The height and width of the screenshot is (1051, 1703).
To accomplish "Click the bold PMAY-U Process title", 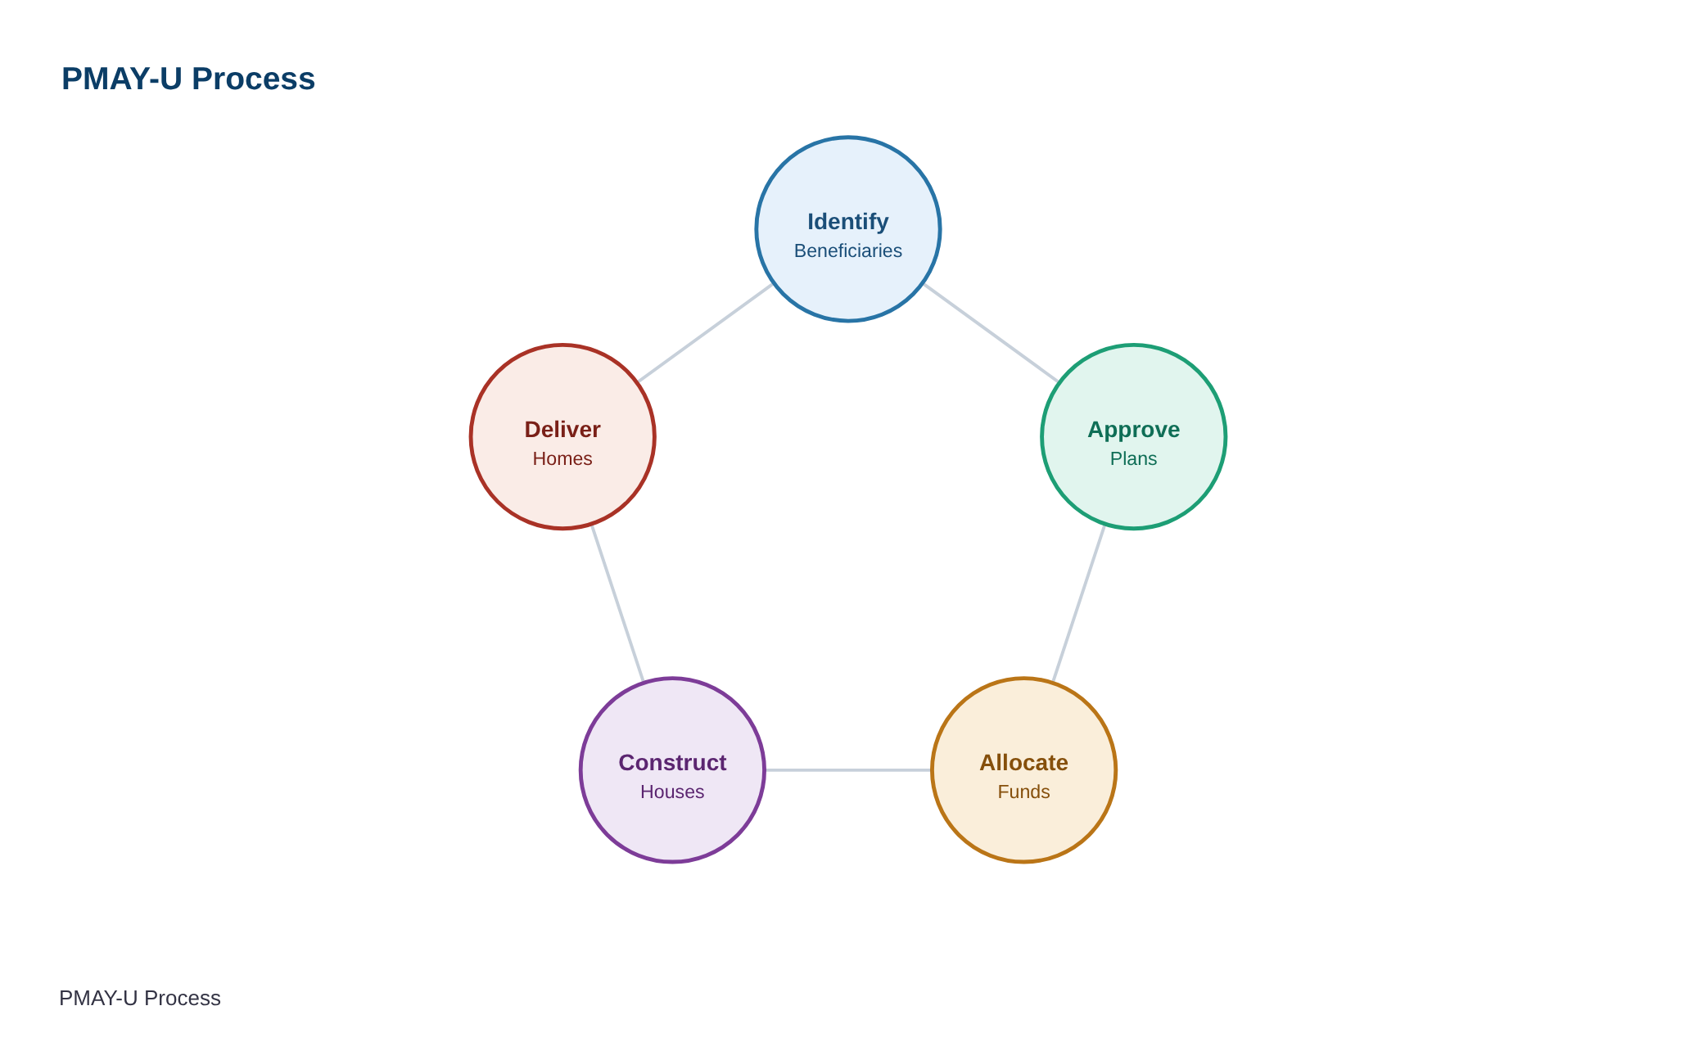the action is coord(188,79).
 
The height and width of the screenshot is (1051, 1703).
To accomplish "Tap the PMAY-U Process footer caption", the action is coord(140,998).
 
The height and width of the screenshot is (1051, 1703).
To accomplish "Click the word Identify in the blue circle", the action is coord(848,222).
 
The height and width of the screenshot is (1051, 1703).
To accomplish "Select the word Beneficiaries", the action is coord(848,250).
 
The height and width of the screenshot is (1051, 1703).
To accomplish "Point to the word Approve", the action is coord(1134,430).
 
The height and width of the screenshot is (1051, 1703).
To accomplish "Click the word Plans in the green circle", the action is coord(1134,458).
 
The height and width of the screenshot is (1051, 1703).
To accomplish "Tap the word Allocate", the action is coord(1024,763).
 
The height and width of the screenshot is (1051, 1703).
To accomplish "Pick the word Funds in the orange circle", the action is coord(1024,792).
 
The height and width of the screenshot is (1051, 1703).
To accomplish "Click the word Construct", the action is coord(672,763).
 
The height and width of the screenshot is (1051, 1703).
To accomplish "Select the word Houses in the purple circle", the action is coord(672,792).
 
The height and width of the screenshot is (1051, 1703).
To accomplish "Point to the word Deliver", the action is coord(562,430).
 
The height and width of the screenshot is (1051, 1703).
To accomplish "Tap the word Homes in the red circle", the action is coord(562,458).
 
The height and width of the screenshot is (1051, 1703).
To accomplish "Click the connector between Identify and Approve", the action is coord(991,333).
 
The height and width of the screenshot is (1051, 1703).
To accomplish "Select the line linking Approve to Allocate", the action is coord(1079,603).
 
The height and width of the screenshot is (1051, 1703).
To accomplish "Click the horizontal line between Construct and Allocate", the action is coord(848,770).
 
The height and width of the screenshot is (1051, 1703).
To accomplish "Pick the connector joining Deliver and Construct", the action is coord(617,603).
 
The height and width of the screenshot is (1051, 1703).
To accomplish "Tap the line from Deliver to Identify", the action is coord(706,333).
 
